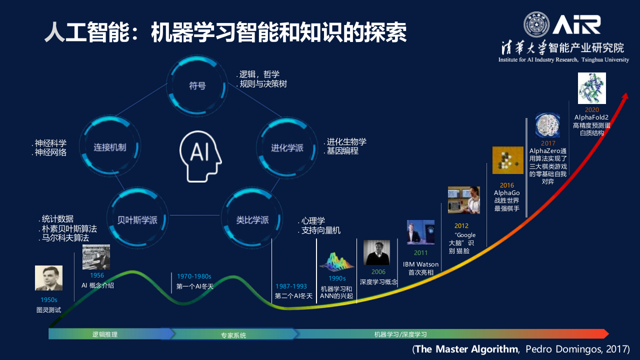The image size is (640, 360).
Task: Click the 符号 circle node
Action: [197, 85]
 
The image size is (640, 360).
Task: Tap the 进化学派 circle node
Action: [287, 147]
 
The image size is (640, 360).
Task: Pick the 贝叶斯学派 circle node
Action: [137, 219]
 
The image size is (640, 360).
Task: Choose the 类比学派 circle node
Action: [252, 219]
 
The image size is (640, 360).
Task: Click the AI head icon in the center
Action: [200, 155]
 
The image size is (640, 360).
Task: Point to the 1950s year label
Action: [49, 300]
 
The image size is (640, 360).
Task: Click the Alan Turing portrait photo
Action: [48, 278]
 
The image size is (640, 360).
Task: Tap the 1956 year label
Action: [97, 275]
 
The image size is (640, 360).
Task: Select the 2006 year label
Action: [378, 272]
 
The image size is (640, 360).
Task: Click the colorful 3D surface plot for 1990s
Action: [336, 261]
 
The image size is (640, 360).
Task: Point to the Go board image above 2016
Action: [507, 160]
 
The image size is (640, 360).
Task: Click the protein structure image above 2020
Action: [591, 88]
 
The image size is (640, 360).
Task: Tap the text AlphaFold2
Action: [591, 117]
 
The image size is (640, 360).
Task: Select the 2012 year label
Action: [461, 226]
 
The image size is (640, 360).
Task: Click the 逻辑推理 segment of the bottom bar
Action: [105, 334]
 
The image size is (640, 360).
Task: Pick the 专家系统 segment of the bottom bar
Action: [233, 334]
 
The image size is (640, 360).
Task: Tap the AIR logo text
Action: [576, 24]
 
